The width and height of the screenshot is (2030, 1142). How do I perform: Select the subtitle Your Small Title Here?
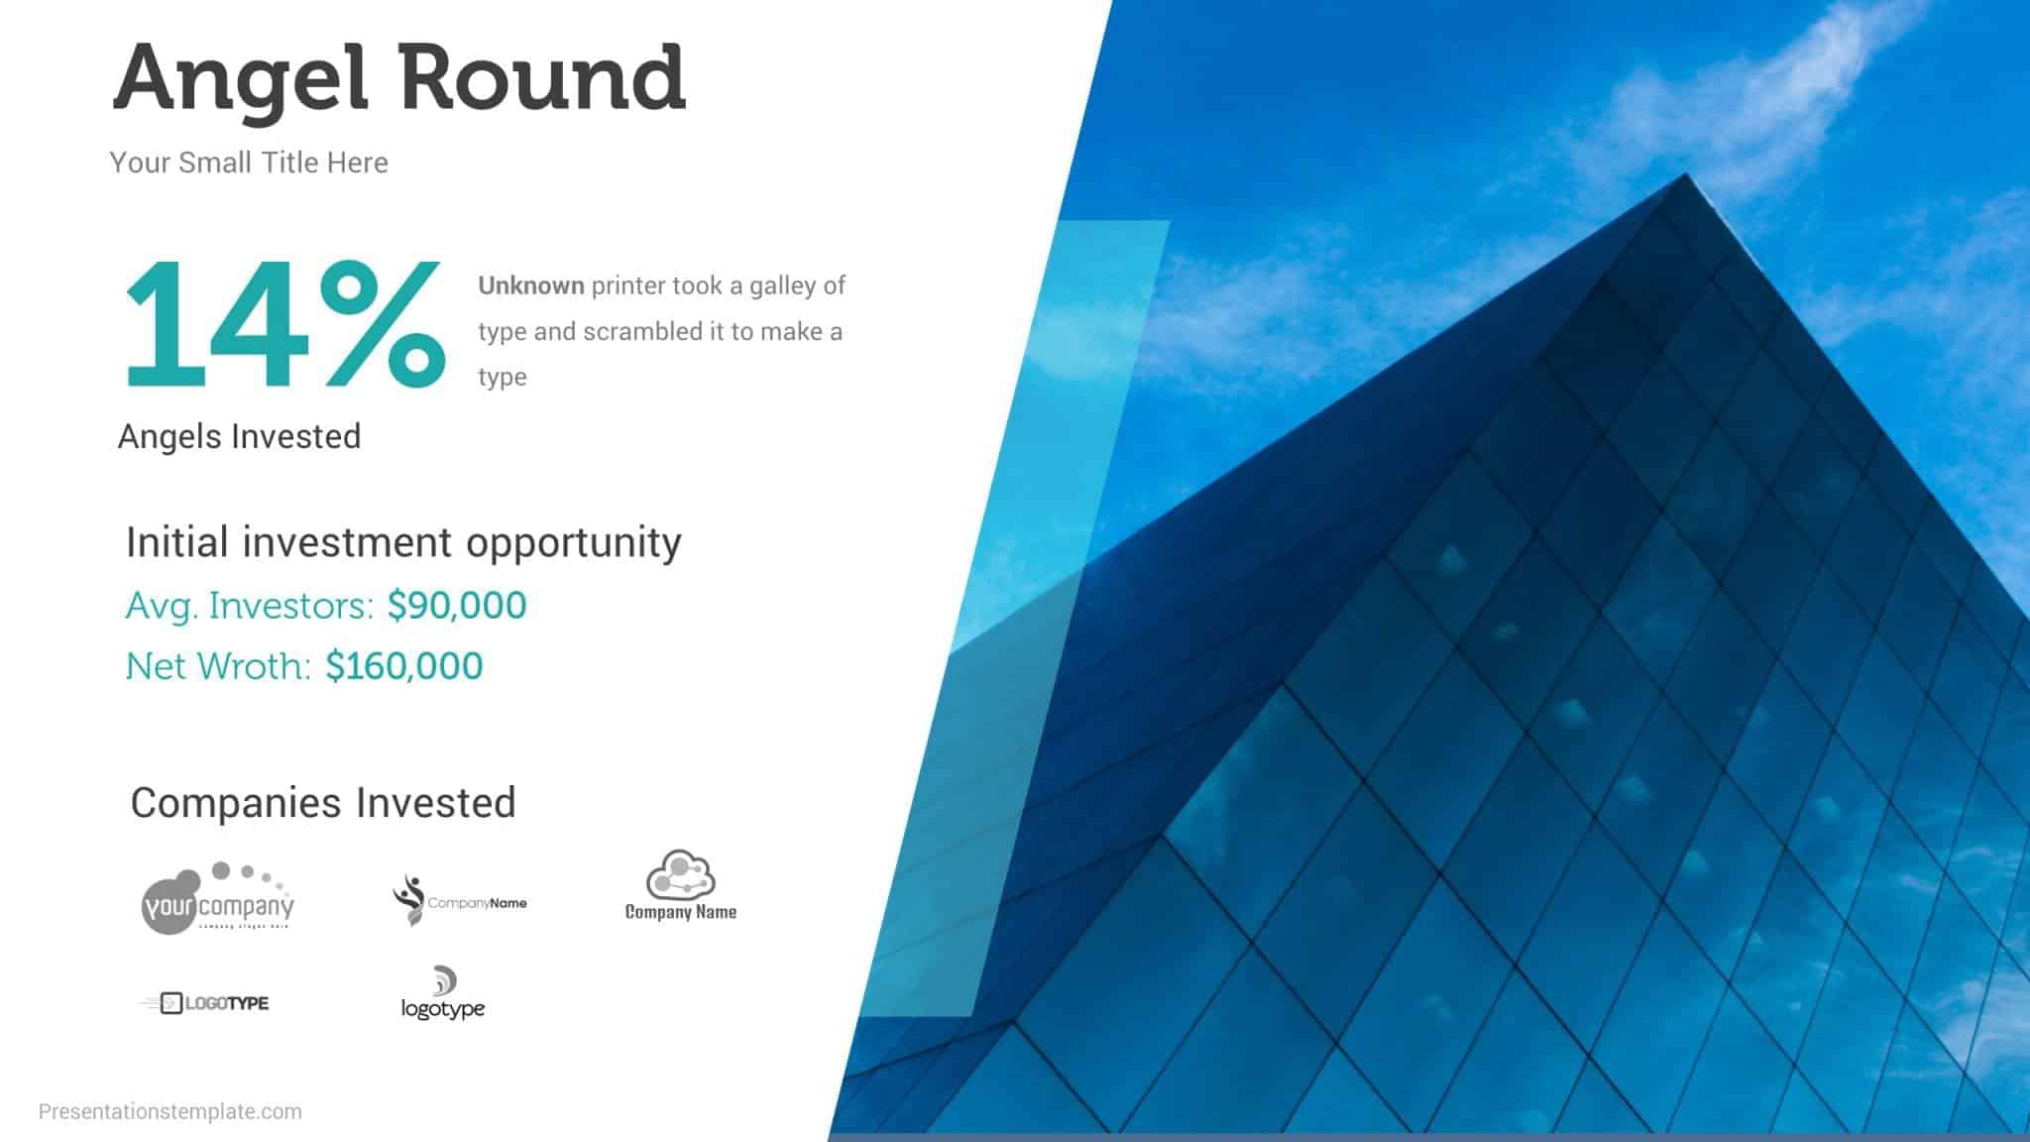coord(249,163)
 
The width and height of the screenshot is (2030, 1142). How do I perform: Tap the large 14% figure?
coord(283,325)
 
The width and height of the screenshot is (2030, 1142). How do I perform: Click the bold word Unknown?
coord(531,285)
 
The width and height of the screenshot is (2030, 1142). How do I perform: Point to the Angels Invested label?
coord(239,436)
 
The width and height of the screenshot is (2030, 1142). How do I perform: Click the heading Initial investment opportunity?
coord(403,542)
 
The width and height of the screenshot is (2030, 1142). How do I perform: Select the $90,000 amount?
coord(457,606)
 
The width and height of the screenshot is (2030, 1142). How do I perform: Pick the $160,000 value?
coord(404,666)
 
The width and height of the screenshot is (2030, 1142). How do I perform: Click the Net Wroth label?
coord(218,666)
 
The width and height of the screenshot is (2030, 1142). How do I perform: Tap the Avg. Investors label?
coord(250,606)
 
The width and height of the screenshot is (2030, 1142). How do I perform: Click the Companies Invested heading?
coord(323,803)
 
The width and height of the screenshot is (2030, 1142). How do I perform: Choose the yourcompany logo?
coord(217,898)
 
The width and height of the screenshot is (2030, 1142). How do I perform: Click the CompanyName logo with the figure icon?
coord(459,900)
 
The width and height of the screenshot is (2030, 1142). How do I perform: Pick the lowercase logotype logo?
coord(443,994)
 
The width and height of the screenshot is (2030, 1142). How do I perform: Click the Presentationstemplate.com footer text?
coord(170,1111)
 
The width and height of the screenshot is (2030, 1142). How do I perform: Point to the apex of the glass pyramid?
coord(1685,176)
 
